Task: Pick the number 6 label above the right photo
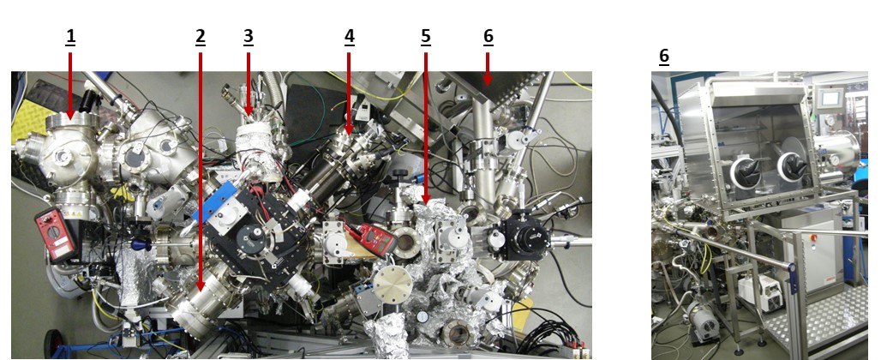[663, 56]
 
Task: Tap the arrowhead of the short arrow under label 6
[488, 81]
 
